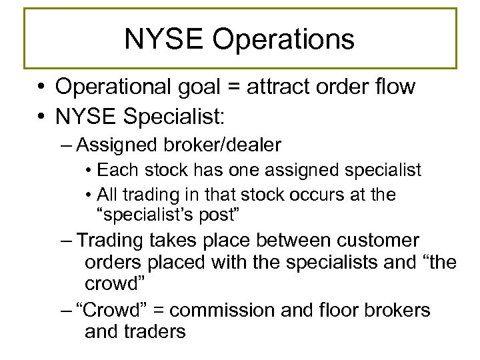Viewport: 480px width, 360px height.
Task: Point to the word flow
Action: point(395,87)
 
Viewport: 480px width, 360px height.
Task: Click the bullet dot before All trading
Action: point(89,195)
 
